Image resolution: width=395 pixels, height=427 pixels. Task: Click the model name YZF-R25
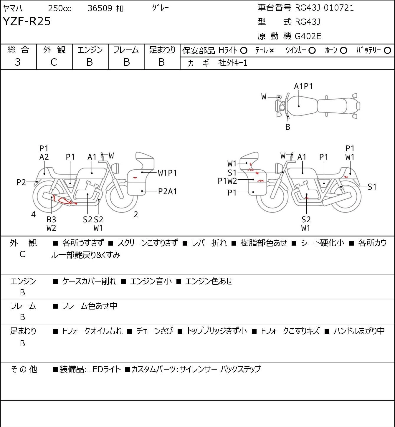point(27,21)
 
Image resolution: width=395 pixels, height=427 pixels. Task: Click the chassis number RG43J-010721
point(324,8)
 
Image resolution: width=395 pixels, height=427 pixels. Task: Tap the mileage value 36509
point(100,8)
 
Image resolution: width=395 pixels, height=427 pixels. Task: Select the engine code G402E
point(308,36)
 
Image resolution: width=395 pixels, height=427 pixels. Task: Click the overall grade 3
point(18,62)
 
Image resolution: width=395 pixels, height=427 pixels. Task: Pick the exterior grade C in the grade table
point(54,62)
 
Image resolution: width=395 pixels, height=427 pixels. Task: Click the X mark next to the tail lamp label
point(272,51)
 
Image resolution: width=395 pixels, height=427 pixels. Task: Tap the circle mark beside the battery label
point(387,51)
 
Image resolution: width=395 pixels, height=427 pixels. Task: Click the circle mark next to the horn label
point(343,51)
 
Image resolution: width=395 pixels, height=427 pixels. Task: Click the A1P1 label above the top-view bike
point(303,87)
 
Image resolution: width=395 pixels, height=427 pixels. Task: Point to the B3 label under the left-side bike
point(52,219)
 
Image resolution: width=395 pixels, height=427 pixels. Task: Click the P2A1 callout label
point(167,191)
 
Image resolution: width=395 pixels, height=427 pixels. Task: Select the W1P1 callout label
point(167,173)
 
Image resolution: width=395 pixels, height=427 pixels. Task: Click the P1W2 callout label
point(227,181)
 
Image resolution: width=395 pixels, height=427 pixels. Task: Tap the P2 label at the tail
point(21,183)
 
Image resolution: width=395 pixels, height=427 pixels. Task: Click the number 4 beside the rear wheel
point(33,214)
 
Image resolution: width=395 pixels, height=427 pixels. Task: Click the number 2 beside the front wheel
point(136,214)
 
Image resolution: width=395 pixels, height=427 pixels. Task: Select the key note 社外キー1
point(233,63)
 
